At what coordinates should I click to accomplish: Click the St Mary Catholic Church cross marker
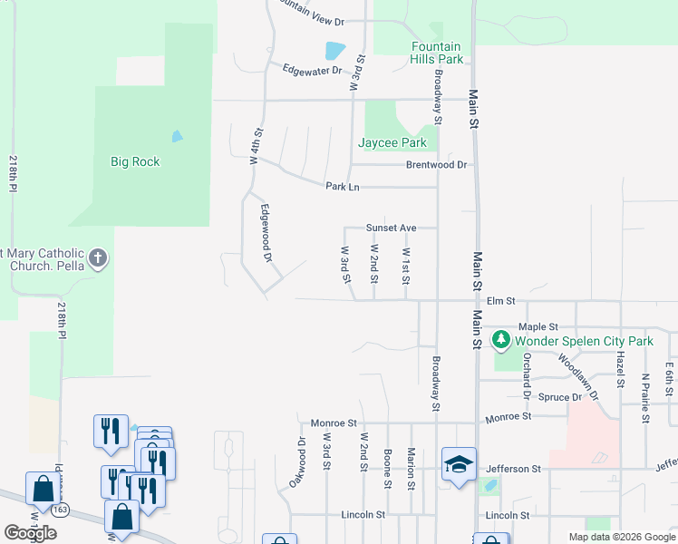click(x=98, y=258)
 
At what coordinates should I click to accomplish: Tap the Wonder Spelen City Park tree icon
click(x=500, y=341)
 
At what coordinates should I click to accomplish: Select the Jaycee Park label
click(x=392, y=142)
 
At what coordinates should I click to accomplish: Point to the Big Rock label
click(x=135, y=161)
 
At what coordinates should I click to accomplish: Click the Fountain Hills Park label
click(x=436, y=53)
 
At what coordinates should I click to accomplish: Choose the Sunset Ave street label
click(x=391, y=228)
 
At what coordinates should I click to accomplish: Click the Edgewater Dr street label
click(x=312, y=69)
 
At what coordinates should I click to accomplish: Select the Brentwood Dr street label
click(x=436, y=165)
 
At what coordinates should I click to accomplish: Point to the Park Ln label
click(x=343, y=186)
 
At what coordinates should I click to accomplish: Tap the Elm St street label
click(x=500, y=300)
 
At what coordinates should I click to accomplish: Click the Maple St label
click(x=538, y=326)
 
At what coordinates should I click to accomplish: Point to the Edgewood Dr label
click(x=266, y=233)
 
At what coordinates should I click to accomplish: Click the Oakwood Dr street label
click(x=297, y=461)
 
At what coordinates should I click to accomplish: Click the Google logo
click(x=30, y=532)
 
